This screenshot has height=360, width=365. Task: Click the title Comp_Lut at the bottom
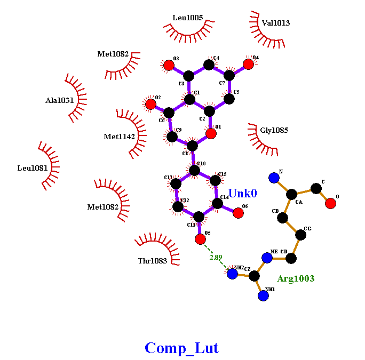(181, 348)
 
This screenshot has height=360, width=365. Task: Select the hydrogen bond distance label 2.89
(216, 257)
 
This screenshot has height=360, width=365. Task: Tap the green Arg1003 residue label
(296, 278)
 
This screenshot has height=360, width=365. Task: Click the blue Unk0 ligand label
(242, 194)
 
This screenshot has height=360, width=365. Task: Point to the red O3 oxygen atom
(169, 65)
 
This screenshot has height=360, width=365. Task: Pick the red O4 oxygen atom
(248, 64)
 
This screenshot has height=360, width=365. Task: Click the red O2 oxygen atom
(151, 104)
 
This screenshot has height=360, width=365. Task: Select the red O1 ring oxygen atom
(211, 133)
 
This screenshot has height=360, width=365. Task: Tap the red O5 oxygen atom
(200, 239)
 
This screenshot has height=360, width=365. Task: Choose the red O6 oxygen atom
(238, 213)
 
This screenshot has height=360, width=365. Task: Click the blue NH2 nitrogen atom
(232, 274)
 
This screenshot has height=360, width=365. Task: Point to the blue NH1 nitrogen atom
(263, 295)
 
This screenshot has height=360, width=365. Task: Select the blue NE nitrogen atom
(267, 258)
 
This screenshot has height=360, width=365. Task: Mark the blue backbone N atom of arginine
(274, 178)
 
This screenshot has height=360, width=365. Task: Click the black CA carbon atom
(291, 194)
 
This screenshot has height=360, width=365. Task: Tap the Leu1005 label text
(188, 18)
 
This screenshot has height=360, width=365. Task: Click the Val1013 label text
(276, 23)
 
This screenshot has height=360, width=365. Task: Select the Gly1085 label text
(274, 130)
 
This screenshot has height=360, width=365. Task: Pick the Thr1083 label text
(152, 261)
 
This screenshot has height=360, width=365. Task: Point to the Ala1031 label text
(60, 100)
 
